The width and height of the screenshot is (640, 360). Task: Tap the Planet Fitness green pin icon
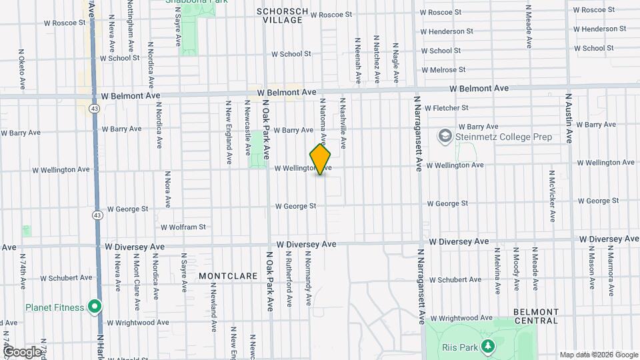95,307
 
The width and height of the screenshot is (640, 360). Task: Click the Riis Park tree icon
488,347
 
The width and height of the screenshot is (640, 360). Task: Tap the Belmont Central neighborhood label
535,316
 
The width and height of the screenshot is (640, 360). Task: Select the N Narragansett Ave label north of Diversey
420,133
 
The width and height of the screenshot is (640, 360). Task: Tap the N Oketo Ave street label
22,69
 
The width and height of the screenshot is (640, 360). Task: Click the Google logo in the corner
22,351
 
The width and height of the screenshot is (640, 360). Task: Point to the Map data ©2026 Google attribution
598,355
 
